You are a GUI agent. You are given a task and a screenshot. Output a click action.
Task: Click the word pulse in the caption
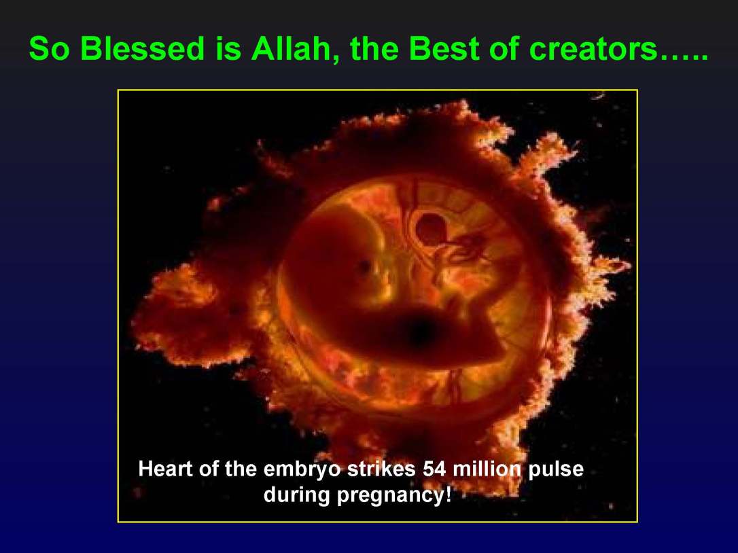[556, 471]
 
